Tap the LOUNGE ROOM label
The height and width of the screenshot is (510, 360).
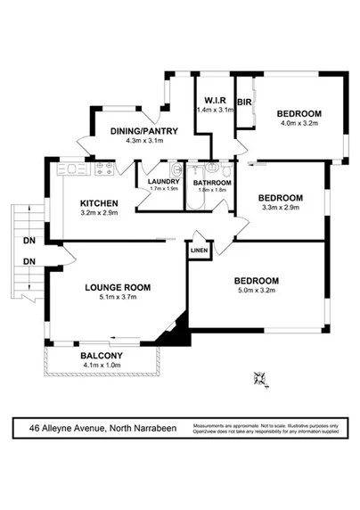[x=118, y=287]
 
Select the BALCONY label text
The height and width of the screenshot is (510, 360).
[x=101, y=353]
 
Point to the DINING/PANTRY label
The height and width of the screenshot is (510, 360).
[x=144, y=131]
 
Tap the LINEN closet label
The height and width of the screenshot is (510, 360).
[x=200, y=252]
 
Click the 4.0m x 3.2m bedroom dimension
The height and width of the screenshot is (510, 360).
[x=298, y=126]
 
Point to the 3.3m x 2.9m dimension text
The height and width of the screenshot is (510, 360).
[x=280, y=209]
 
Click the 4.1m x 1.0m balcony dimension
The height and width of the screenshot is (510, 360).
[x=101, y=364]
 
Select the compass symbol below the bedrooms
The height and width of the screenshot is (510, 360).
[x=259, y=379]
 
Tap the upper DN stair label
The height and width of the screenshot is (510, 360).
[x=29, y=240]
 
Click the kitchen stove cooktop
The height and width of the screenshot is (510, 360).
[x=103, y=167]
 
